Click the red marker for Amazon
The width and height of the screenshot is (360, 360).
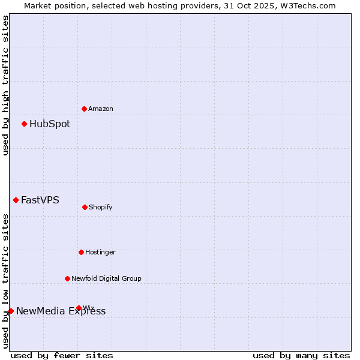[84, 109]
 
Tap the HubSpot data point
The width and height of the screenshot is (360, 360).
[24, 124]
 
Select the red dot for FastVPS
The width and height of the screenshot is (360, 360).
[16, 200]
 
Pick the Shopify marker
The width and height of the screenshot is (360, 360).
[85, 207]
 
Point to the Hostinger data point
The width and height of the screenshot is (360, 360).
[81, 252]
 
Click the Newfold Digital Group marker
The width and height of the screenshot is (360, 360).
[67, 278]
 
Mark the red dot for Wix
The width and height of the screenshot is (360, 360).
[79, 308]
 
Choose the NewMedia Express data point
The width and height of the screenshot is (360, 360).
[11, 311]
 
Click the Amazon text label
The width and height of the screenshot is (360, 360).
[101, 109]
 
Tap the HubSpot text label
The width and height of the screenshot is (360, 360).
[50, 124]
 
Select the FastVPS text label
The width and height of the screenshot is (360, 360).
[40, 200]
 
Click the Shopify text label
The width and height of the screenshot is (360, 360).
[101, 208]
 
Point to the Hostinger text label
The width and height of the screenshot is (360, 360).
[100, 253]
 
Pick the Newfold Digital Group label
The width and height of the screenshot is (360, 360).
[106, 279]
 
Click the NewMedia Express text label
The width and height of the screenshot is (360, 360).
[61, 311]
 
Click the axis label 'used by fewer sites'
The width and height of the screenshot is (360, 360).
[62, 355]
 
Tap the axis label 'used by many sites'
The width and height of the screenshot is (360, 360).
[301, 355]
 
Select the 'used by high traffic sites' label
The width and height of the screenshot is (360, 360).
[5, 85]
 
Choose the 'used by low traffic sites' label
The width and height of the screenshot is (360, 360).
[5, 281]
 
